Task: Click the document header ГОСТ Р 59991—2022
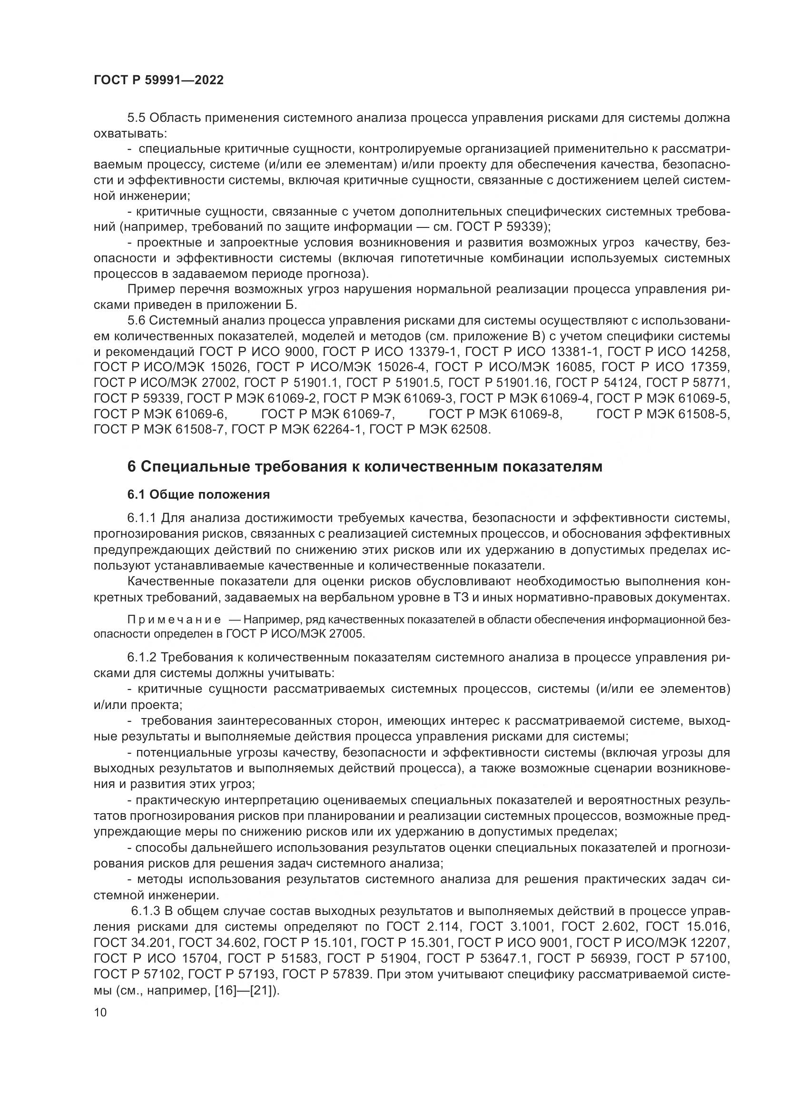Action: click(x=158, y=80)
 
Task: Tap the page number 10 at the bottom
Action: click(x=100, y=1013)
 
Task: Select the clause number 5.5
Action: click(x=137, y=118)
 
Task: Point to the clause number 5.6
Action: click(x=137, y=320)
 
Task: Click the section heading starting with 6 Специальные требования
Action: click(x=364, y=466)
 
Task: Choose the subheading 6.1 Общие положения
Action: click(x=198, y=494)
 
